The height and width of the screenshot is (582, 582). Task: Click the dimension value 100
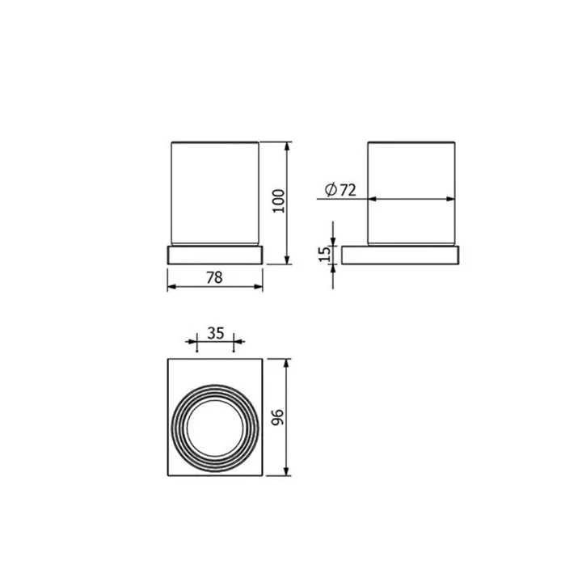click(279, 200)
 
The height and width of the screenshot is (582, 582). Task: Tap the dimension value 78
click(214, 277)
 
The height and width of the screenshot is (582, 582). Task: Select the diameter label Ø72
click(340, 190)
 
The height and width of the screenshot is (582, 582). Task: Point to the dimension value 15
click(324, 255)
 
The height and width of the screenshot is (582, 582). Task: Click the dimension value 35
click(216, 333)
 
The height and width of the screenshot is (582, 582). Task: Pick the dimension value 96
click(278, 417)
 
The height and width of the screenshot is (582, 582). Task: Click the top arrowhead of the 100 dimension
click(286, 146)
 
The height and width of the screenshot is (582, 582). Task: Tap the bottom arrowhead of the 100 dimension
click(286, 259)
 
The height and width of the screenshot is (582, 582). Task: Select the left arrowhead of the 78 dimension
click(172, 286)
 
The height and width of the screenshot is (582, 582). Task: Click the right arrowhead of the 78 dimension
click(258, 286)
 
